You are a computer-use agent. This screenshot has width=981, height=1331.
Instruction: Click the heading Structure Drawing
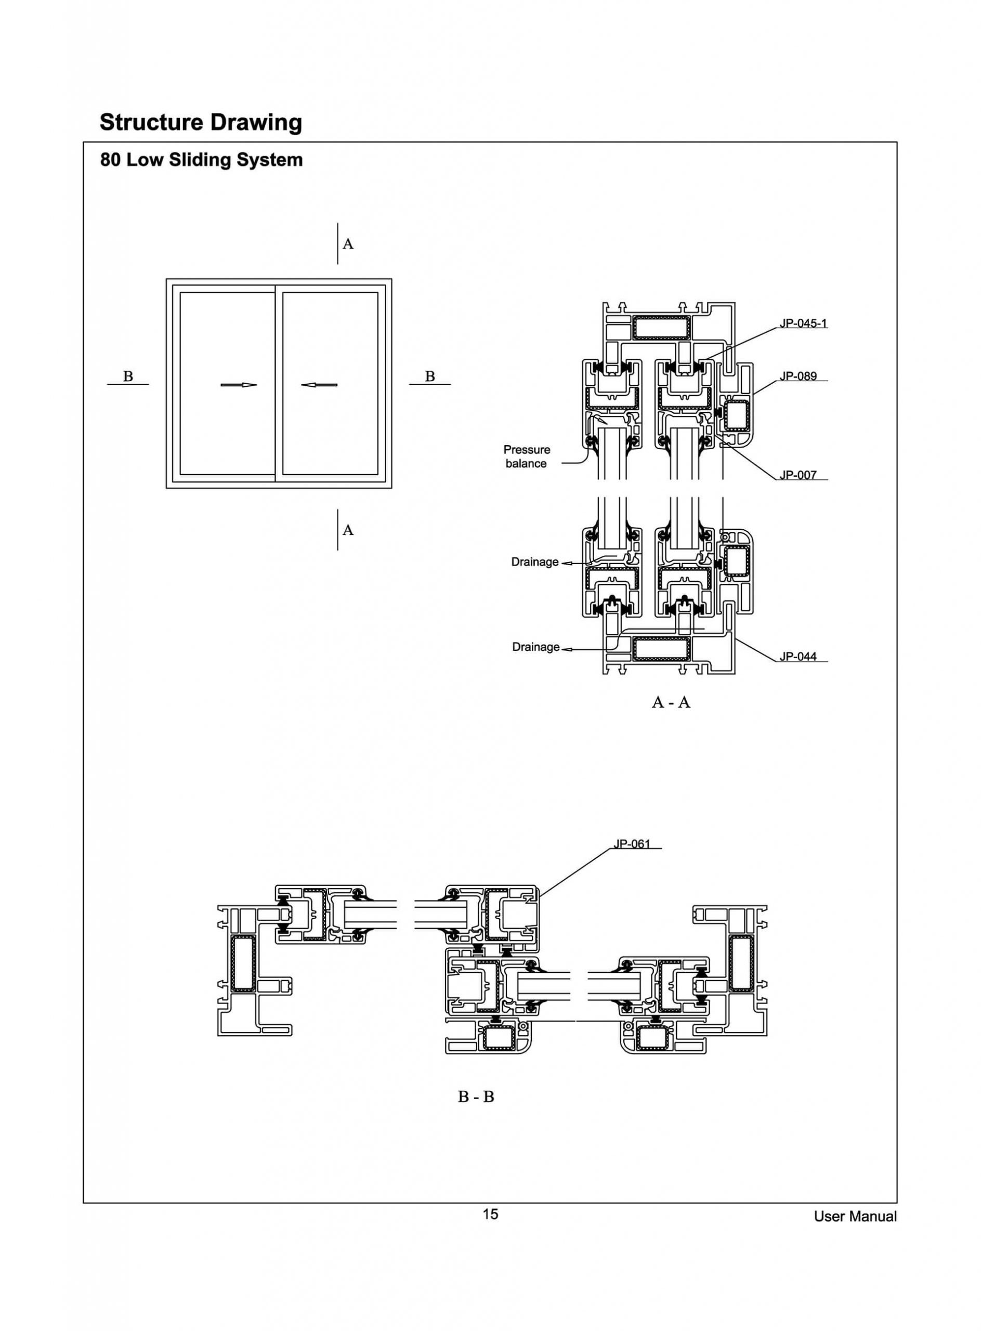(x=201, y=122)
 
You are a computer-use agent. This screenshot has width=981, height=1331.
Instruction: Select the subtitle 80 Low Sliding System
(x=201, y=160)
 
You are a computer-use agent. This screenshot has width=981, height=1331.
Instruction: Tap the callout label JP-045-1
(x=803, y=324)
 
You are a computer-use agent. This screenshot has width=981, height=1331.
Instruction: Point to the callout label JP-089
(x=798, y=376)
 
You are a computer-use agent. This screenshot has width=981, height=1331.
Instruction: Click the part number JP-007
(x=798, y=475)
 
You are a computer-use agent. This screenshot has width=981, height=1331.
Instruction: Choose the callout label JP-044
(x=798, y=656)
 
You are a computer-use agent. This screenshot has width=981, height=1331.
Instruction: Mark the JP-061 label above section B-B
(x=632, y=844)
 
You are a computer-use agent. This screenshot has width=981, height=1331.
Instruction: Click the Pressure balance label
(x=527, y=456)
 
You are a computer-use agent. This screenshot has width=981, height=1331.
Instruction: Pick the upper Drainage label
(x=535, y=562)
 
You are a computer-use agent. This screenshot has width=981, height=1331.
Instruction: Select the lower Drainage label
(x=535, y=647)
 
